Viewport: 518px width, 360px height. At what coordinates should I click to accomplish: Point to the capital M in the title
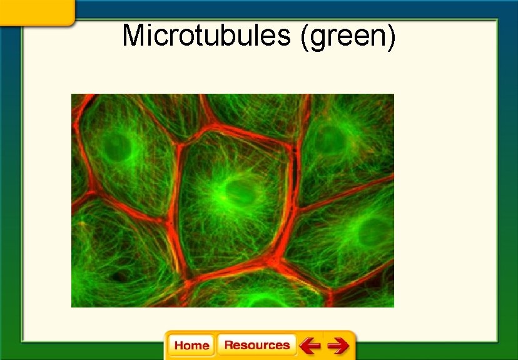134,36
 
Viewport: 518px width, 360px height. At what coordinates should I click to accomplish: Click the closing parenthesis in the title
392,37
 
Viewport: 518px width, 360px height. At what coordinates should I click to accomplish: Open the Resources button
256,345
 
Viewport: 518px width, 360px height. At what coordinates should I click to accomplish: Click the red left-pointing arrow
310,345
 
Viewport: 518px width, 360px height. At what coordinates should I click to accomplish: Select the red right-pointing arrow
338,345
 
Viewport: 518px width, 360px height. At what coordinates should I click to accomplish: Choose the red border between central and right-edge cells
293,206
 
